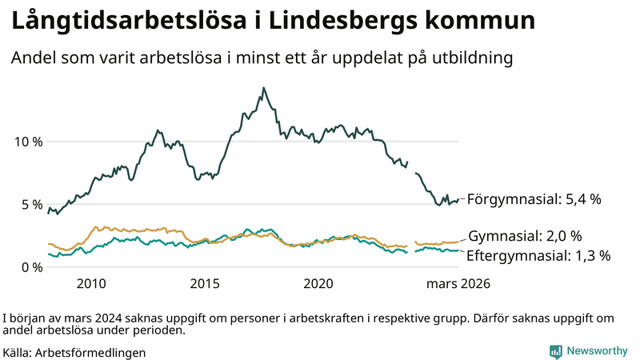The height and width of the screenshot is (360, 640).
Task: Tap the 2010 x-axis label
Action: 91,283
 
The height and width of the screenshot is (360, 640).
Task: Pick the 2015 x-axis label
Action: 205,283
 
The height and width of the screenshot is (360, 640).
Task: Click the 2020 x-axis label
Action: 318,283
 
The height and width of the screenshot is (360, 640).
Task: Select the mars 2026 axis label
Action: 458,283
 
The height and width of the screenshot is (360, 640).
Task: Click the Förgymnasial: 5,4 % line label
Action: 534,198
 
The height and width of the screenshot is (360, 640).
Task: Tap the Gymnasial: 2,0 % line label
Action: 524,236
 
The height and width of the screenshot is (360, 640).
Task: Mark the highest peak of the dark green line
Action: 264,88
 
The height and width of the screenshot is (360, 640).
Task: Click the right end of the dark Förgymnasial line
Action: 458,200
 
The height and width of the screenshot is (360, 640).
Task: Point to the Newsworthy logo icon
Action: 555,350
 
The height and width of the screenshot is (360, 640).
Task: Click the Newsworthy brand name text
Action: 597,350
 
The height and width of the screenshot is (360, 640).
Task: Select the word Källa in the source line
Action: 17,352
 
